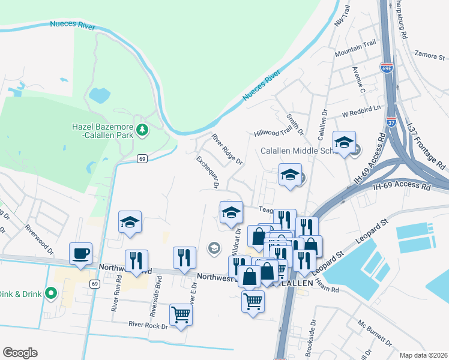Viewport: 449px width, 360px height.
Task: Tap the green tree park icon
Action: (142, 128)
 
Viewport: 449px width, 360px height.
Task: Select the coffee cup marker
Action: (80, 253)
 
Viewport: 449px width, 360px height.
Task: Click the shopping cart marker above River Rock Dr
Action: (181, 314)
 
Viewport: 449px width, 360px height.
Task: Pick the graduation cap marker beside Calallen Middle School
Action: (345, 142)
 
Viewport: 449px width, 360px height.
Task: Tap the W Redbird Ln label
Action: (361, 111)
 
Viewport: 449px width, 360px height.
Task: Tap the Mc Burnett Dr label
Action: (375, 335)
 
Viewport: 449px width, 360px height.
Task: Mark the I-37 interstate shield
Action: (391, 109)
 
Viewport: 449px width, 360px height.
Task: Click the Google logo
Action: (20, 353)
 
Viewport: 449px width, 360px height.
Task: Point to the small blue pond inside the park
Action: (99, 94)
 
